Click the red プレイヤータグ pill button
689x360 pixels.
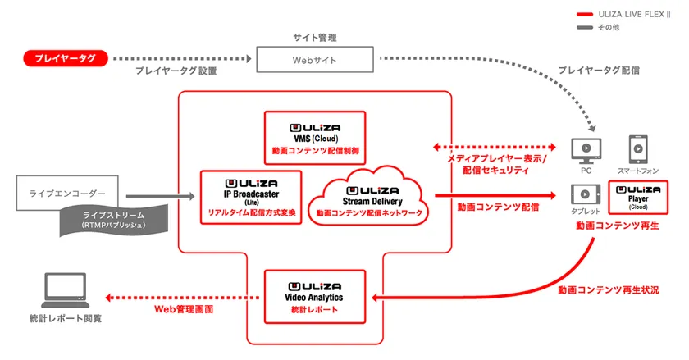click(x=66, y=58)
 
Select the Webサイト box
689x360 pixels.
click(x=315, y=60)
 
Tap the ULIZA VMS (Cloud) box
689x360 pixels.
click(x=315, y=138)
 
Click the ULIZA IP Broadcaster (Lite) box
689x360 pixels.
click(x=251, y=198)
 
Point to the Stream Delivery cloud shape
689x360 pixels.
click(x=369, y=197)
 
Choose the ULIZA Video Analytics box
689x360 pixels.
click(x=315, y=297)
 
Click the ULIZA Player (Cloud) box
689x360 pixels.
click(x=638, y=198)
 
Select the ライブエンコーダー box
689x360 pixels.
click(x=67, y=193)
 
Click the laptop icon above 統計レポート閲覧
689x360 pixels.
click(x=65, y=290)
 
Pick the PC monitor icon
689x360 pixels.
click(x=586, y=150)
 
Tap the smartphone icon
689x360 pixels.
click(x=638, y=149)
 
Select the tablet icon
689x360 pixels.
click(x=586, y=194)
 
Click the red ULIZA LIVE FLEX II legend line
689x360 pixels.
click(x=585, y=15)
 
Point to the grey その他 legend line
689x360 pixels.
click(x=585, y=27)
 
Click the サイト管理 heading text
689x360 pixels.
click(x=315, y=38)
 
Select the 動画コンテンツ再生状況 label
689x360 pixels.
click(x=609, y=290)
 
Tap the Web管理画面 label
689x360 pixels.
click(x=184, y=309)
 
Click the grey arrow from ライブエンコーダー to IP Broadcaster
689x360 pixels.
click(x=161, y=197)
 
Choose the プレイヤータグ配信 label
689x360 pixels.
click(x=599, y=71)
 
